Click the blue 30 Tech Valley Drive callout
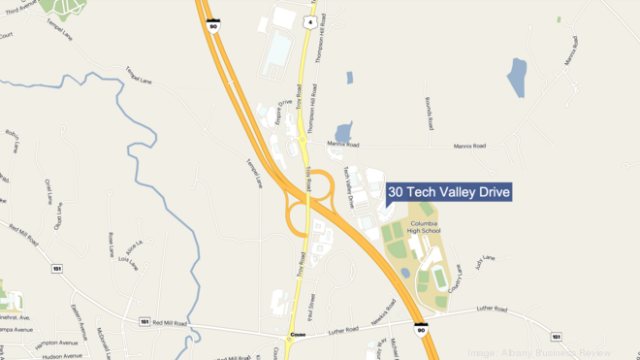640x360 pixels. tap(449, 192)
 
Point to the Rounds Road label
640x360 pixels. tap(427, 113)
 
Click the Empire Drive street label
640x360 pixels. tap(285, 112)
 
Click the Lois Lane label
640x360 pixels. tap(127, 262)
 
